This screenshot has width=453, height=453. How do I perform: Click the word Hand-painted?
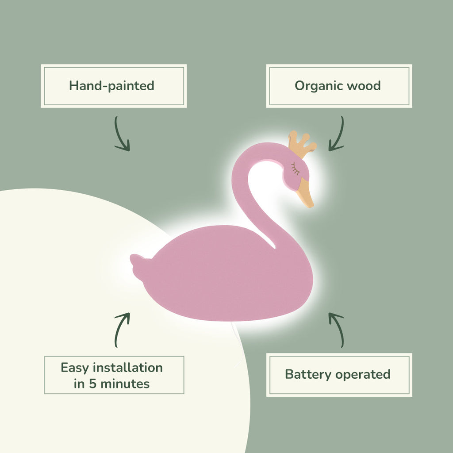[x=111, y=85]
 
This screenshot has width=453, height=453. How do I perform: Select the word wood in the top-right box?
[x=364, y=85]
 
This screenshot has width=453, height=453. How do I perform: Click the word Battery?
[x=308, y=374]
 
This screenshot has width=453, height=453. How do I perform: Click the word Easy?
[x=74, y=368]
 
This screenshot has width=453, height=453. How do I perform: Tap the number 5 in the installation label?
[x=92, y=384]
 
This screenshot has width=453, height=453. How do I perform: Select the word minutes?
[x=125, y=384]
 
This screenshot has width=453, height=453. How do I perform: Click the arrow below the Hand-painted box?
[x=122, y=134]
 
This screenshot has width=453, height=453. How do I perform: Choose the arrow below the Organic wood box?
[x=337, y=134]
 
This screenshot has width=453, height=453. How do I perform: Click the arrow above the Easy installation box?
[x=122, y=330]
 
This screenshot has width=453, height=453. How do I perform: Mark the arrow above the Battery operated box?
[x=337, y=330]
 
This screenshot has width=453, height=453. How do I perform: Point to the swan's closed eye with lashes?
[x=295, y=168]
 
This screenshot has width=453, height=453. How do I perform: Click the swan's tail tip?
[x=135, y=261]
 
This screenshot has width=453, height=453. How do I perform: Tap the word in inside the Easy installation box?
[x=79, y=384]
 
